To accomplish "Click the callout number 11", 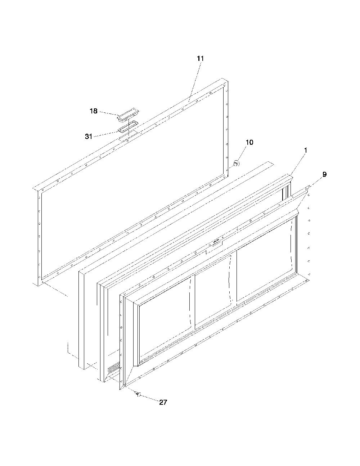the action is point(201,59).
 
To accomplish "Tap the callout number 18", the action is point(94,111).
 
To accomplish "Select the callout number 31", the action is point(89,136).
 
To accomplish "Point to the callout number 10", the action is point(249,142).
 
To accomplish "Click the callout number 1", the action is point(306,150).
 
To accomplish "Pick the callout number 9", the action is point(324,174).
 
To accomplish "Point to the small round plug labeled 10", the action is point(236,163).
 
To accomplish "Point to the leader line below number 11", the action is point(194,81).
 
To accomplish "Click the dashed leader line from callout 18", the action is point(108,114).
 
